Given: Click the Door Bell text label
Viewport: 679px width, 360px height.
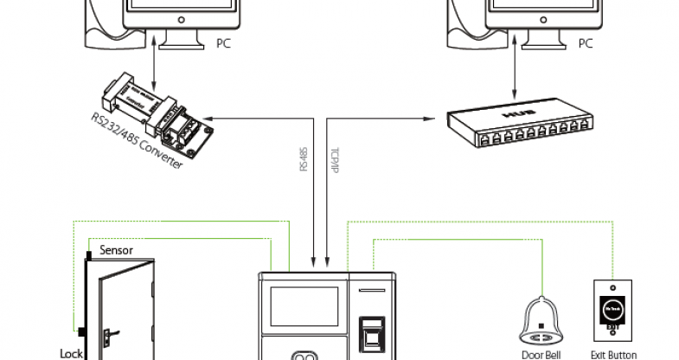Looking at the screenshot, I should [541, 352].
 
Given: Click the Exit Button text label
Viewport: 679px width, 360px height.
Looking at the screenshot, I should [613, 352].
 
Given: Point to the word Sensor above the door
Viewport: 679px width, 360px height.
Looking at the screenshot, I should [115, 249].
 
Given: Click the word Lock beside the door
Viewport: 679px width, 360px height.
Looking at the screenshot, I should [70, 352].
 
